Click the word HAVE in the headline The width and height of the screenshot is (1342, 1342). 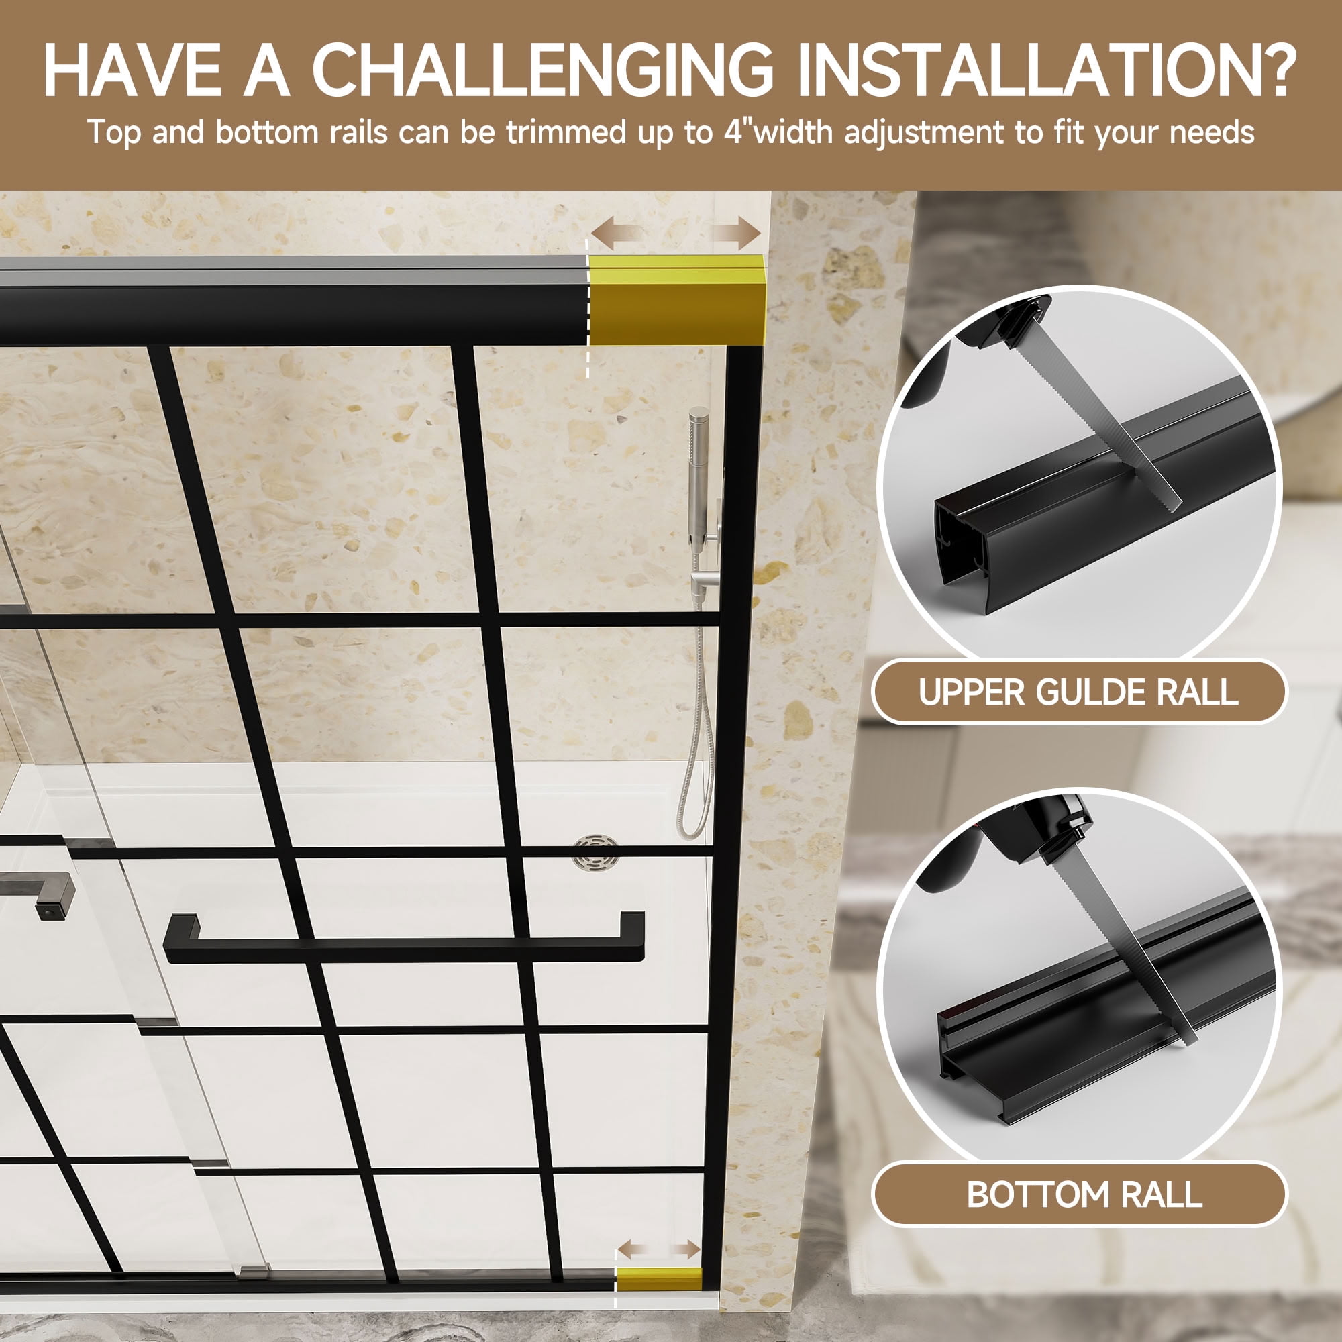132,70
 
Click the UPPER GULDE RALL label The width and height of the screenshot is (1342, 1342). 1078,692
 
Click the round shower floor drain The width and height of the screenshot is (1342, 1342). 597,854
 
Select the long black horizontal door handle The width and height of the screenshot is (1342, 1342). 404,938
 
